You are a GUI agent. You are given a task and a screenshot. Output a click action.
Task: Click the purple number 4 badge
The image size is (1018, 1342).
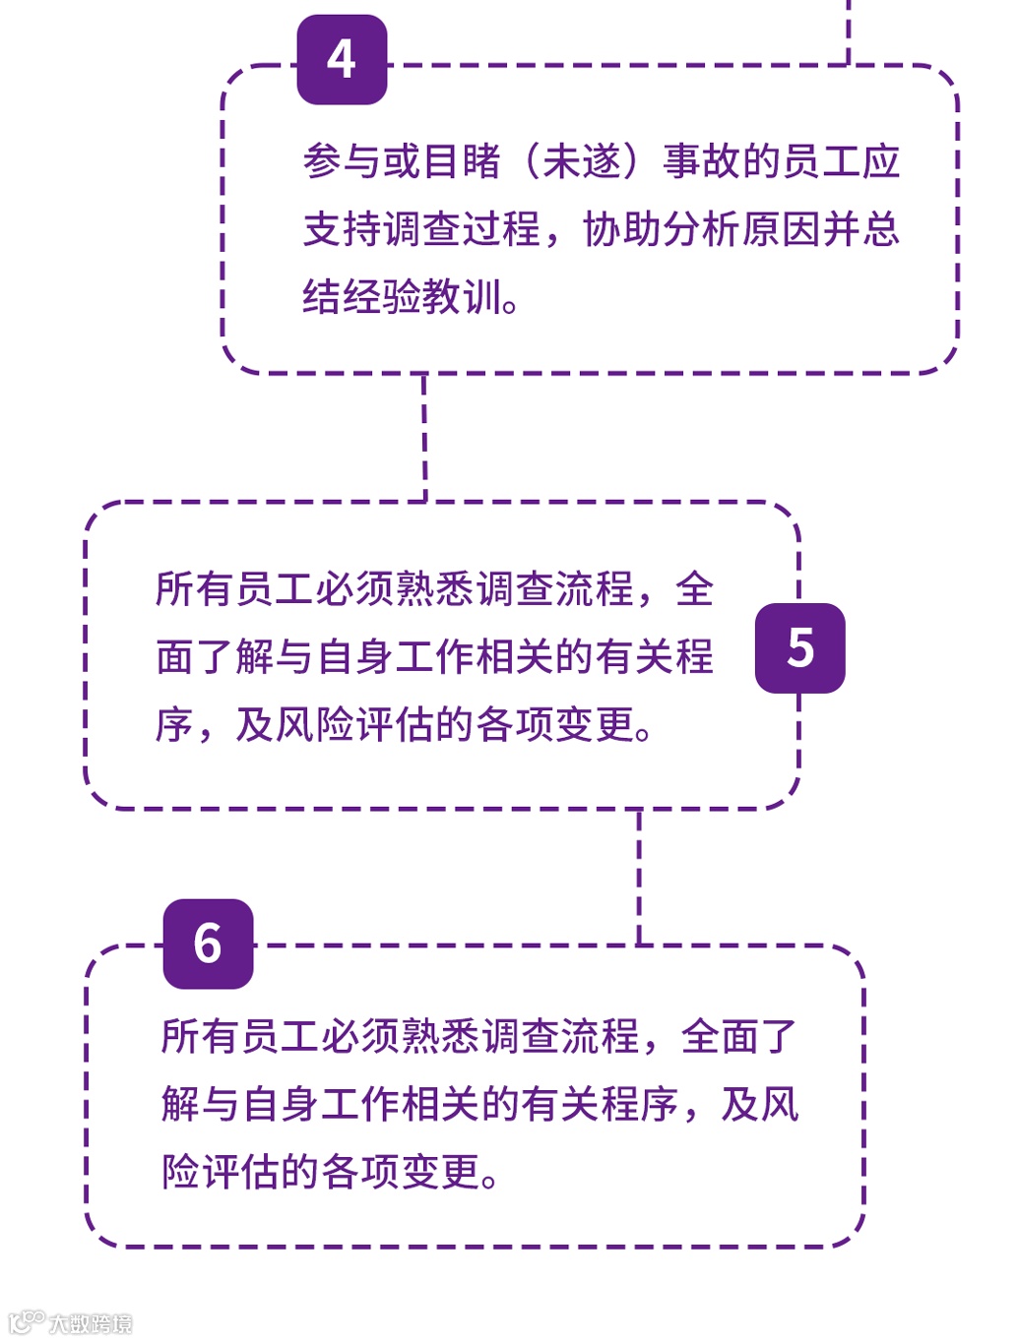[342, 60]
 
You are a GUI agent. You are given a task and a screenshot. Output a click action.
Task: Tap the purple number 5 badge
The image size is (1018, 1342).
[799, 648]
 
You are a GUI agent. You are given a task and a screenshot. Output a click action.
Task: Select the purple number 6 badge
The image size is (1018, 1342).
[208, 944]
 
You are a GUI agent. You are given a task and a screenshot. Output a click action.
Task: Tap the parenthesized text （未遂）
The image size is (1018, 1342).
[582, 161]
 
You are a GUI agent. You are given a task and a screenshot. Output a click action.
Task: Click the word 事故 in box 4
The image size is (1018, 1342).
[702, 161]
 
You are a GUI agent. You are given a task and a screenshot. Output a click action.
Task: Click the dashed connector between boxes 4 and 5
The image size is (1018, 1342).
[424, 438]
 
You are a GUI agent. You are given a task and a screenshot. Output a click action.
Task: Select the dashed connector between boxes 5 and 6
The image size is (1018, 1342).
[639, 877]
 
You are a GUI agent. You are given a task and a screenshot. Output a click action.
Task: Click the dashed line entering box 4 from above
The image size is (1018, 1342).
[848, 30]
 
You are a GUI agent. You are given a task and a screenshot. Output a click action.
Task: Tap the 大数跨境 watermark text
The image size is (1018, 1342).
[91, 1323]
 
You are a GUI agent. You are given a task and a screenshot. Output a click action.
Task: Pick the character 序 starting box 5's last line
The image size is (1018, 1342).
[174, 725]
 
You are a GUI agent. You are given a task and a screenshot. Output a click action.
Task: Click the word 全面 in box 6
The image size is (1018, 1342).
[719, 1037]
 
